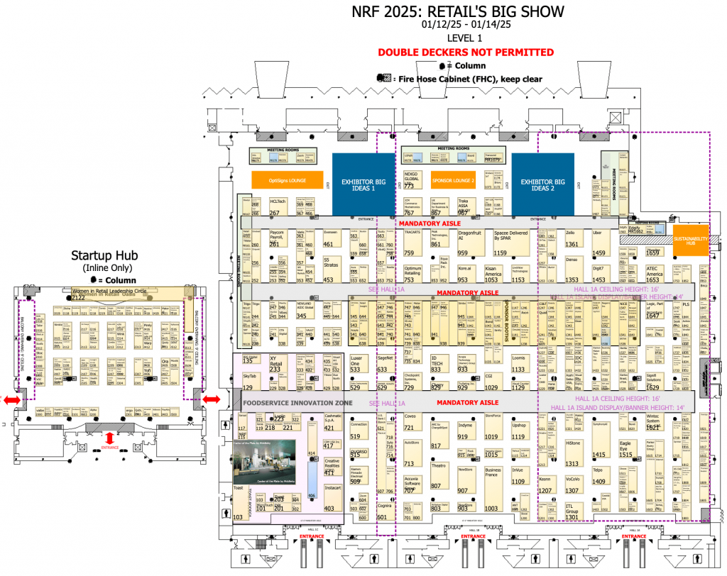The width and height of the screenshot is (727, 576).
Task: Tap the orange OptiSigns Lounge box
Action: (288, 180)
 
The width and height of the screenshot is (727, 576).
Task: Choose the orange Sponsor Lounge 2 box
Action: (452, 180)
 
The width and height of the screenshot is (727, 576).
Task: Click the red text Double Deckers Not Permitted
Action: (466, 52)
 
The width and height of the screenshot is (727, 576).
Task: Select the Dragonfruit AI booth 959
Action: (468, 242)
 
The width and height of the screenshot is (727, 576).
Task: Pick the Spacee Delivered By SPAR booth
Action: (511, 242)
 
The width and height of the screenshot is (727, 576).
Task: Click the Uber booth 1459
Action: (601, 242)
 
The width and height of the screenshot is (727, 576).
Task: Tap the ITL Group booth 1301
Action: (574, 511)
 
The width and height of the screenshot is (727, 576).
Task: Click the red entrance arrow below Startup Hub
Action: (110, 437)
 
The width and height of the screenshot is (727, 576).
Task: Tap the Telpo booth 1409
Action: (598, 475)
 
